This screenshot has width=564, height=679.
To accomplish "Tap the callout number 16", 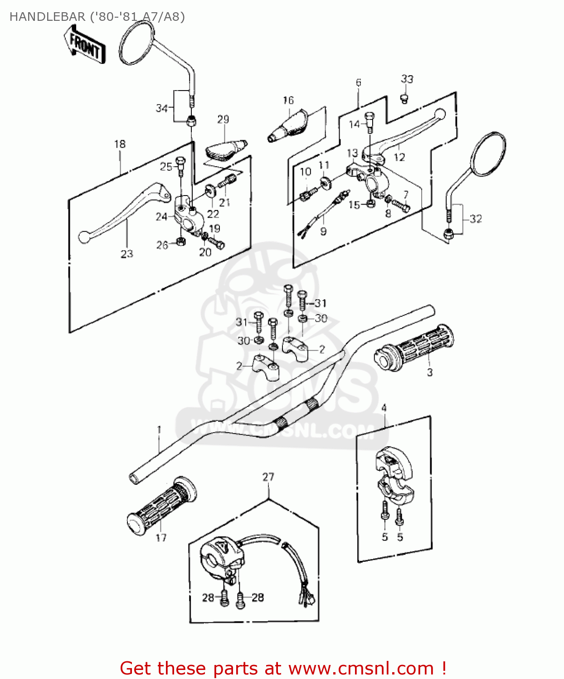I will pos(288,100).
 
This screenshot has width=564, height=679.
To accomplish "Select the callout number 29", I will pos(223,120).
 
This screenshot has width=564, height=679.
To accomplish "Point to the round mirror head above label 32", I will pos(489,154).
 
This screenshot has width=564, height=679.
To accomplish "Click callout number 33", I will pos(407,79).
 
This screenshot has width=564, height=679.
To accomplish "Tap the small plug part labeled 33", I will pos(405,98).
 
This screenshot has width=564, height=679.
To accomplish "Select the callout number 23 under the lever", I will pos(127,254).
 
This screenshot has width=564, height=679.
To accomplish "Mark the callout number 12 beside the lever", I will pos(399,157).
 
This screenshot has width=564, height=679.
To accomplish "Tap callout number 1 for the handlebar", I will pos(159,429).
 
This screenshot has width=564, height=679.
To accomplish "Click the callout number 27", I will pos(268,477).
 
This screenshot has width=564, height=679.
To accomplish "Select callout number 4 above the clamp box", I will pos(384,408).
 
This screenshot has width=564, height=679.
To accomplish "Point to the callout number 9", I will pos(323,232).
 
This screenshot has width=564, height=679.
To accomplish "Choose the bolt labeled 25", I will pos(180,165).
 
